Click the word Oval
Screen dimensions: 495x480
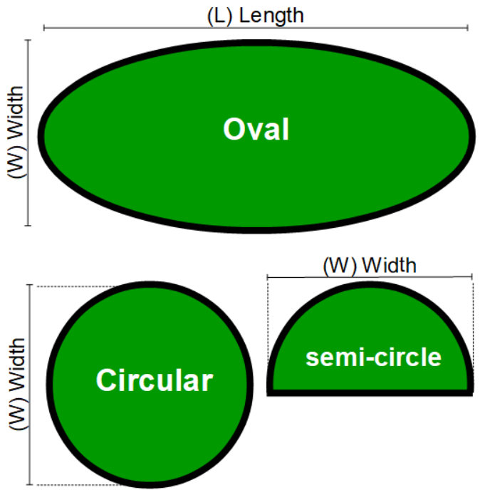tap(256, 130)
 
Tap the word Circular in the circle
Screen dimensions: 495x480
tap(154, 380)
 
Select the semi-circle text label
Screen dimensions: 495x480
tap(373, 357)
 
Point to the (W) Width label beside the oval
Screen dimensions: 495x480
tap(15, 133)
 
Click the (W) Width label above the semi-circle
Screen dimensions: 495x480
tap(369, 266)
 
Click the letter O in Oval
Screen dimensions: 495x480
tap(233, 130)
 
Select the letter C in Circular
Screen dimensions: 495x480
tap(105, 380)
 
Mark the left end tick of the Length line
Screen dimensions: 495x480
tap(44, 28)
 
